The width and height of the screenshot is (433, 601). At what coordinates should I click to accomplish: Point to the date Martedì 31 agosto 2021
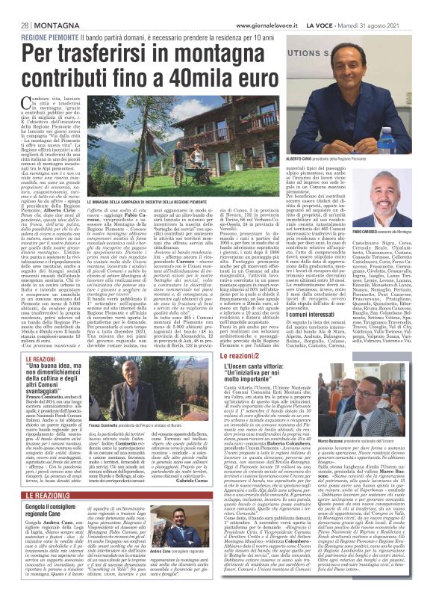(381, 7)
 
